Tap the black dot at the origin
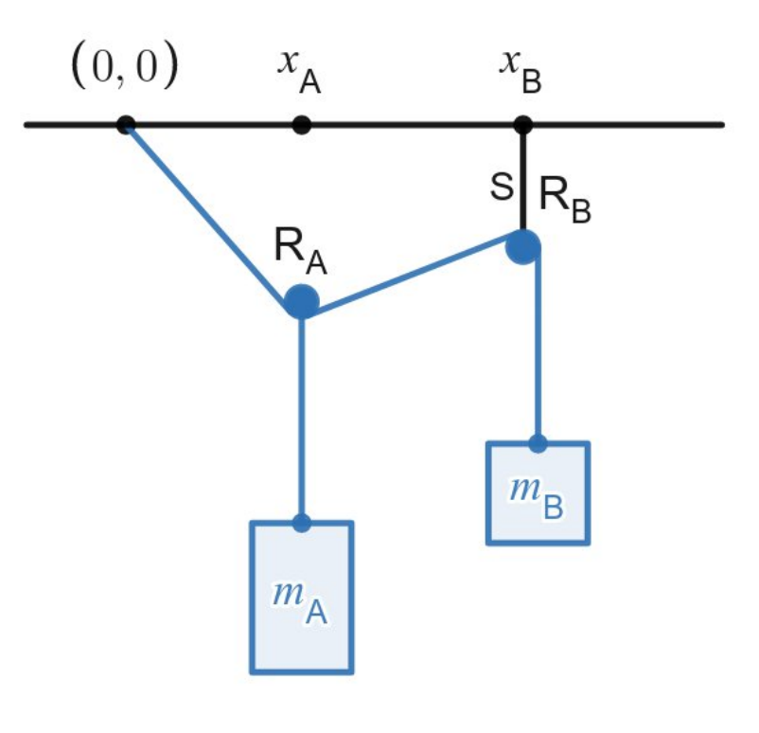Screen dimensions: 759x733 [x=126, y=124]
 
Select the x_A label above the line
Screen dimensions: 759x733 [x=299, y=72]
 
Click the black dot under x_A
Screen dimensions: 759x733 [x=302, y=124]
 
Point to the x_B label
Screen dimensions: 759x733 [x=521, y=72]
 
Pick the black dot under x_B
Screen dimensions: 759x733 [x=522, y=124]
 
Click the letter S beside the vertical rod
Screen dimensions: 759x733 [x=502, y=187]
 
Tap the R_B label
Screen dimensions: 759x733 [x=565, y=200]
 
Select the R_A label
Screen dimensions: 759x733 [x=300, y=251]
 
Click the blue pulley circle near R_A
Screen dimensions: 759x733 [x=302, y=301]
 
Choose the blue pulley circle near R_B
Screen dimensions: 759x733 [x=523, y=247]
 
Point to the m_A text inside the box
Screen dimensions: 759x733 [x=300, y=601]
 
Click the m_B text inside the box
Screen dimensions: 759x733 [x=538, y=497]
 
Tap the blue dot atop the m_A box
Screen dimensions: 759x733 [x=302, y=523]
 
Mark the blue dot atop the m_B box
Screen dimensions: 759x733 [x=538, y=443]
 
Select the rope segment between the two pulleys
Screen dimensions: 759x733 [x=412, y=275]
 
